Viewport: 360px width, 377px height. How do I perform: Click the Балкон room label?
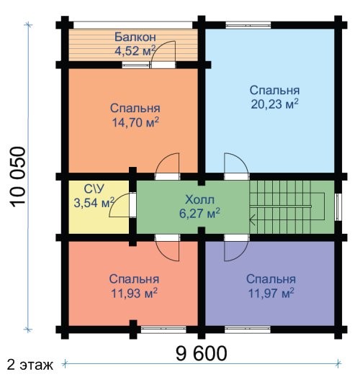(135, 37)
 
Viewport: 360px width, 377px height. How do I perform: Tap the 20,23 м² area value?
(274, 104)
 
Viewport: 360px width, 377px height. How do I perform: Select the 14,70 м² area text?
(135, 122)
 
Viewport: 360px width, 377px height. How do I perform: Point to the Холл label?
(199, 200)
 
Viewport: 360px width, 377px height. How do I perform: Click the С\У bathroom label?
(94, 189)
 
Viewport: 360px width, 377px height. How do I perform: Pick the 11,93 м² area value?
(134, 294)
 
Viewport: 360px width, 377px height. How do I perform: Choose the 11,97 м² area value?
(271, 294)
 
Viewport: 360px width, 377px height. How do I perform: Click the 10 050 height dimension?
(18, 177)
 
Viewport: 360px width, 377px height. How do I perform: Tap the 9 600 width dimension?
(202, 353)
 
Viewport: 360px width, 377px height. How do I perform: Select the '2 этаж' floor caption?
(30, 365)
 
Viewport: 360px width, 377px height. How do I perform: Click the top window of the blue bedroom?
(248, 25)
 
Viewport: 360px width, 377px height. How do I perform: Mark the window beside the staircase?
(338, 207)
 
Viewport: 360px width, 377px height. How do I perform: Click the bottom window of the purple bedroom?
(248, 330)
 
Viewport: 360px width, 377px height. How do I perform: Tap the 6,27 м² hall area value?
(199, 213)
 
